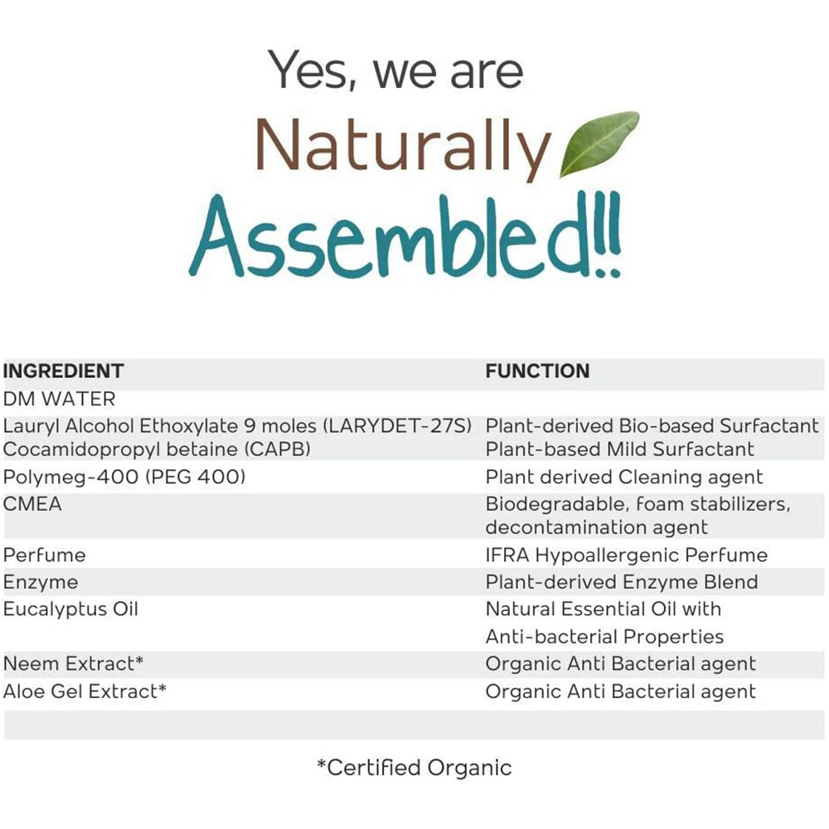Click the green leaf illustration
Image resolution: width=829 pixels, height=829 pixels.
click(599, 143)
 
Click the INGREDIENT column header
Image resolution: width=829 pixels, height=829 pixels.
click(64, 371)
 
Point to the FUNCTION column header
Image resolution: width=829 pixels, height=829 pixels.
click(537, 371)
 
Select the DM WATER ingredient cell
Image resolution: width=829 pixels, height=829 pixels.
click(59, 399)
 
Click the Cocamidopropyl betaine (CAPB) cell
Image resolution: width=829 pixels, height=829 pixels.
click(157, 449)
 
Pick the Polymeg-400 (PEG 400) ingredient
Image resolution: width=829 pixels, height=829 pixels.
click(124, 477)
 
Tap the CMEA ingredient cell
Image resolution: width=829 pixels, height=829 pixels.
click(32, 504)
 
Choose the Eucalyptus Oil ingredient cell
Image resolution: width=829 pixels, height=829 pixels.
click(70, 609)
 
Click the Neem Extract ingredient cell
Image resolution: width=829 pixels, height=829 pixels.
click(73, 663)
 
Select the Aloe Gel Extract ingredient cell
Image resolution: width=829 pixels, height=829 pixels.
click(85, 691)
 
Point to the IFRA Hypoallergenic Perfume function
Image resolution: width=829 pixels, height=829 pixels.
click(627, 555)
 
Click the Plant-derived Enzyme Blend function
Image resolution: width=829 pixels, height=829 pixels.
click(622, 582)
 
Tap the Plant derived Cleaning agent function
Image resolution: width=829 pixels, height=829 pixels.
click(624, 478)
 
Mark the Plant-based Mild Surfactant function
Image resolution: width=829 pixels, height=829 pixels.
click(619, 449)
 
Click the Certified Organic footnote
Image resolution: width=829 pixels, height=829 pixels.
click(414, 768)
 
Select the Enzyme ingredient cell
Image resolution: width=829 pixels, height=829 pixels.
click(40, 583)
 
